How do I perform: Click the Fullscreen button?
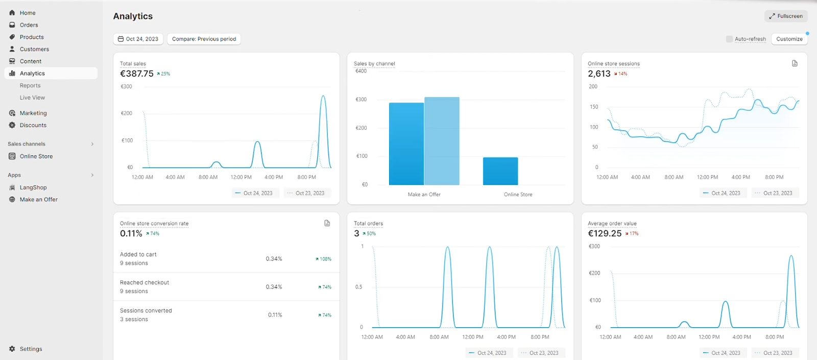point(786,16)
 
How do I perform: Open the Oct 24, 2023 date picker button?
point(138,39)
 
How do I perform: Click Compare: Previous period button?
point(204,39)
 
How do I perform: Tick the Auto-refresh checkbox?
point(729,39)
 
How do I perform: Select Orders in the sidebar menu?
point(29,25)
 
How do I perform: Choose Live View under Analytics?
point(32,98)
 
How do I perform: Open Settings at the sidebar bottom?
point(31,349)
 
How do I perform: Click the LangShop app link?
point(33,187)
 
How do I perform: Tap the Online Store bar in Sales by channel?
point(500,171)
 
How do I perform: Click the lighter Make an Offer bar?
point(442,141)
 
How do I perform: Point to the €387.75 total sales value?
point(137,74)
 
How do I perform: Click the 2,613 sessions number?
point(599,74)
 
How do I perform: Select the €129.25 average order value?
point(605,234)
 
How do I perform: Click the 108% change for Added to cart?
point(324,259)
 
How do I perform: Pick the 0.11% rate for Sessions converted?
point(275,315)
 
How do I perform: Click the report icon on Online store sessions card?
point(795,63)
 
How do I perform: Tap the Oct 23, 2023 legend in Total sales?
point(306,193)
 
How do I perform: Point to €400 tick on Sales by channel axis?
point(361,71)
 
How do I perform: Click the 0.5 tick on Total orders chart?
point(358,287)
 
